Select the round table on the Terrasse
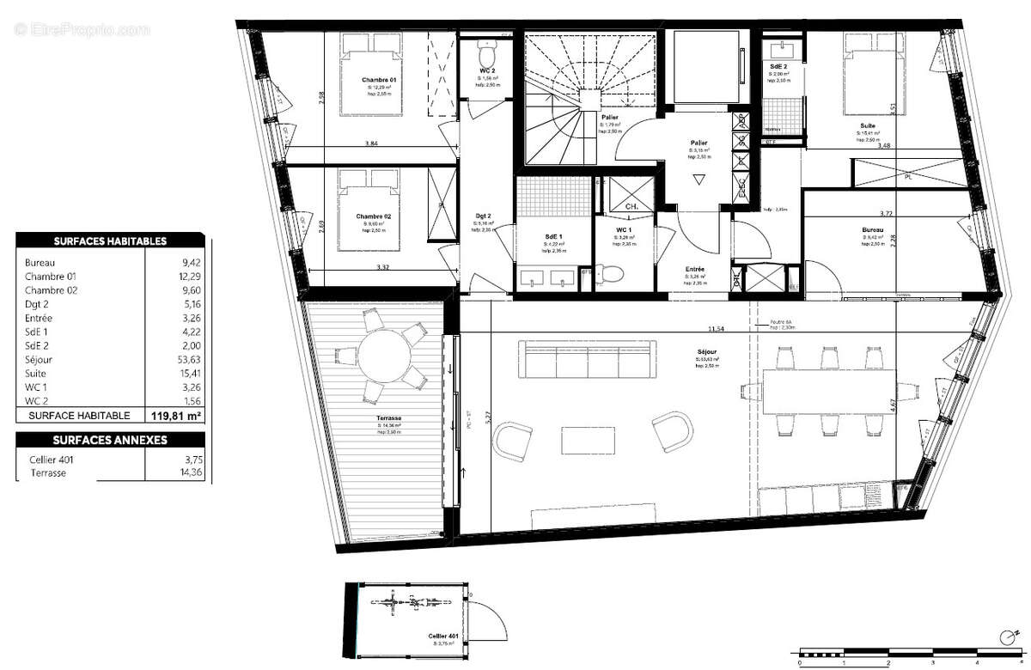point(386,358)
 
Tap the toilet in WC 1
point(612,274)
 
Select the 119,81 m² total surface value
point(176,416)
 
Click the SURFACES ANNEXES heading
point(110,440)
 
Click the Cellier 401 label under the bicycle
point(444,636)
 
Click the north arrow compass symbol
point(1008,636)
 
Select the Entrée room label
point(695,269)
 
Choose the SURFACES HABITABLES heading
point(110,241)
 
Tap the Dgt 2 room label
point(484,216)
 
